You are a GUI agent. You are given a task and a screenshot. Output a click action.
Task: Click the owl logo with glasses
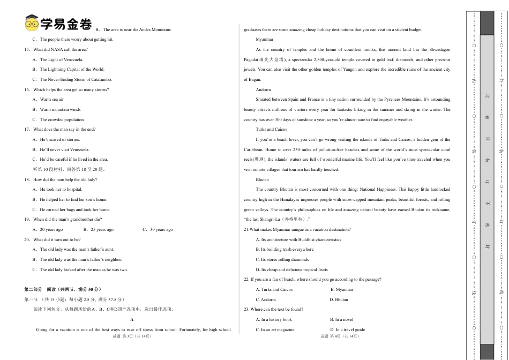point(32,24)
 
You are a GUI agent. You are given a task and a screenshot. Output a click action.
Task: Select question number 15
point(27,49)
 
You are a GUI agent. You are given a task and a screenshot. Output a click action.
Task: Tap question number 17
point(27,129)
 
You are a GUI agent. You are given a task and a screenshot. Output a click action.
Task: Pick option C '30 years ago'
point(158,229)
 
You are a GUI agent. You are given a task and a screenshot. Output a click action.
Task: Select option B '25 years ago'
point(99,229)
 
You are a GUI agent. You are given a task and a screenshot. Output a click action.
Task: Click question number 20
point(27,239)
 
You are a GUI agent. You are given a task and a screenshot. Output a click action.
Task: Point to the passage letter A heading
point(132,319)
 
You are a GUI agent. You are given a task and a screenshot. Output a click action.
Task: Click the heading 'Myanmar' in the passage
point(264,39)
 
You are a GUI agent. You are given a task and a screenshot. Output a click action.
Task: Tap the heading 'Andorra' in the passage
point(263,89)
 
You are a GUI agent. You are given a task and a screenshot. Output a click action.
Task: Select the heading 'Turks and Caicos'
point(271,129)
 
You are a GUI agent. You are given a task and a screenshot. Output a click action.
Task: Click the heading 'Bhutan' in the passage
point(262,179)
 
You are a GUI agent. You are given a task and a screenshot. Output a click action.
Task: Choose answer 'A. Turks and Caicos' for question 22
point(274,289)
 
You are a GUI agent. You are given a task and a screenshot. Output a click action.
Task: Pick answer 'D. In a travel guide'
point(347,329)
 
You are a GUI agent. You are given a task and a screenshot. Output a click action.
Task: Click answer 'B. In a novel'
point(341,319)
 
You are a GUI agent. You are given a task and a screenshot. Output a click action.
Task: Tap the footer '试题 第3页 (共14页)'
point(132,336)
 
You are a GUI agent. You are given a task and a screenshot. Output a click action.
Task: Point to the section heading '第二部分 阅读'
point(63,289)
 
